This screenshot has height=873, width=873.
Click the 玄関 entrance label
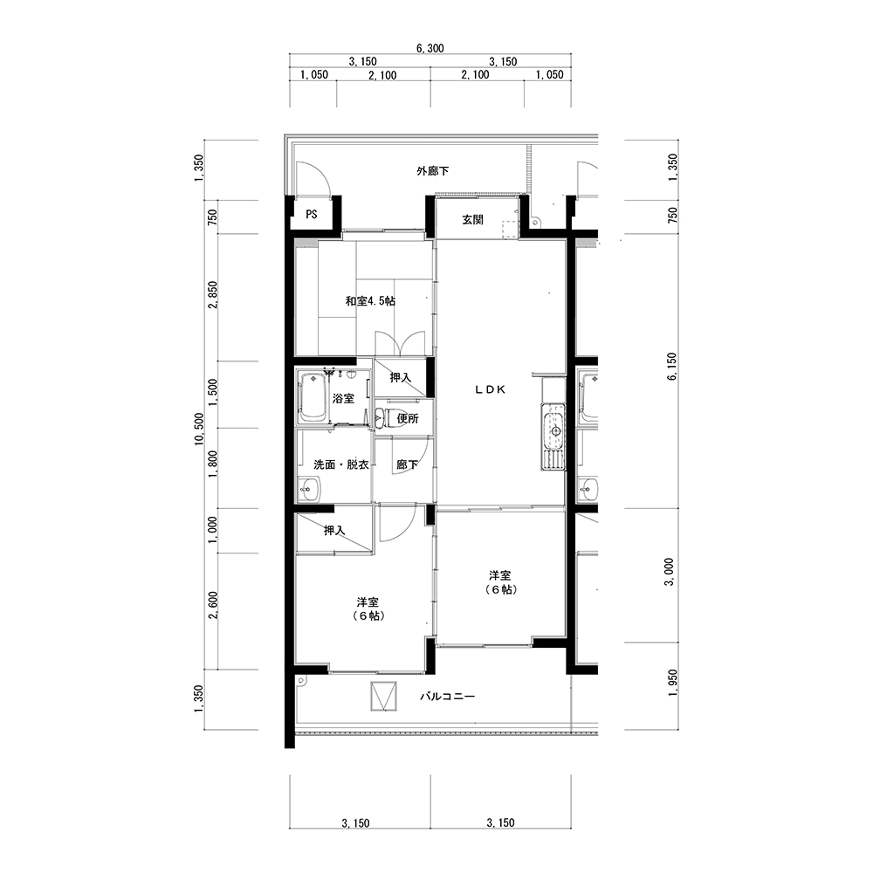pyautogui.click(x=472, y=220)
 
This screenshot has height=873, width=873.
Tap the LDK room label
pyautogui.click(x=491, y=389)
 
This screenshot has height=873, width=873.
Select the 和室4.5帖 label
pyautogui.click(x=370, y=301)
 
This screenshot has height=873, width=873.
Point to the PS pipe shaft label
pyautogui.click(x=312, y=215)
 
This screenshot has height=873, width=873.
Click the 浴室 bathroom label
pyautogui.click(x=343, y=399)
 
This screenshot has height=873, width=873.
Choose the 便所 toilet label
pyautogui.click(x=408, y=418)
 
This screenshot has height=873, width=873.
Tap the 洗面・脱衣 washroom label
pyautogui.click(x=340, y=464)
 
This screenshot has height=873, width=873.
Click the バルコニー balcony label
pyautogui.click(x=447, y=697)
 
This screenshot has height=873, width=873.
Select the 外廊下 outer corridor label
pyautogui.click(x=433, y=171)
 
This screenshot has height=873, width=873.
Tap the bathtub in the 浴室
pyautogui.click(x=313, y=397)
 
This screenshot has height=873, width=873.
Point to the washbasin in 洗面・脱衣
pyautogui.click(x=309, y=490)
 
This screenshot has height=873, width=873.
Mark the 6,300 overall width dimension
pyautogui.click(x=430, y=48)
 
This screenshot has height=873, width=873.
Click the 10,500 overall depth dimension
pyautogui.click(x=199, y=430)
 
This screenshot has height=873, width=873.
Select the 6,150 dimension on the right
pyautogui.click(x=672, y=366)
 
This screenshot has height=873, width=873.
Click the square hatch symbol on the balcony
pyautogui.click(x=384, y=696)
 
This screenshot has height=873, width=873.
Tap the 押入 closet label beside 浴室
pyautogui.click(x=401, y=377)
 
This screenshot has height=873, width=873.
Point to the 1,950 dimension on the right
pyautogui.click(x=672, y=684)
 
